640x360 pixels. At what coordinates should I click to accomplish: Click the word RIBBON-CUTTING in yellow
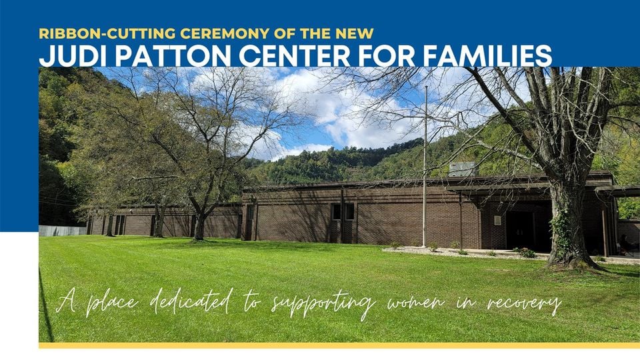coord(107,33)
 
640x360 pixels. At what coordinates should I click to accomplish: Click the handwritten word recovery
coord(524,304)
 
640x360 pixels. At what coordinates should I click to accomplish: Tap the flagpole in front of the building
coord(425,167)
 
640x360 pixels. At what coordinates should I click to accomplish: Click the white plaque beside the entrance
coord(497,221)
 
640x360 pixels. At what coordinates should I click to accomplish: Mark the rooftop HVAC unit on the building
coord(463,169)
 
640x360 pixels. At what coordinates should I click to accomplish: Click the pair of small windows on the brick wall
coord(343,212)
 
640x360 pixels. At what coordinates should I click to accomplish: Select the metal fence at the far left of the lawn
coord(63,231)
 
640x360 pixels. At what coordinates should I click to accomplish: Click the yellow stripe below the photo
coord(339,345)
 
